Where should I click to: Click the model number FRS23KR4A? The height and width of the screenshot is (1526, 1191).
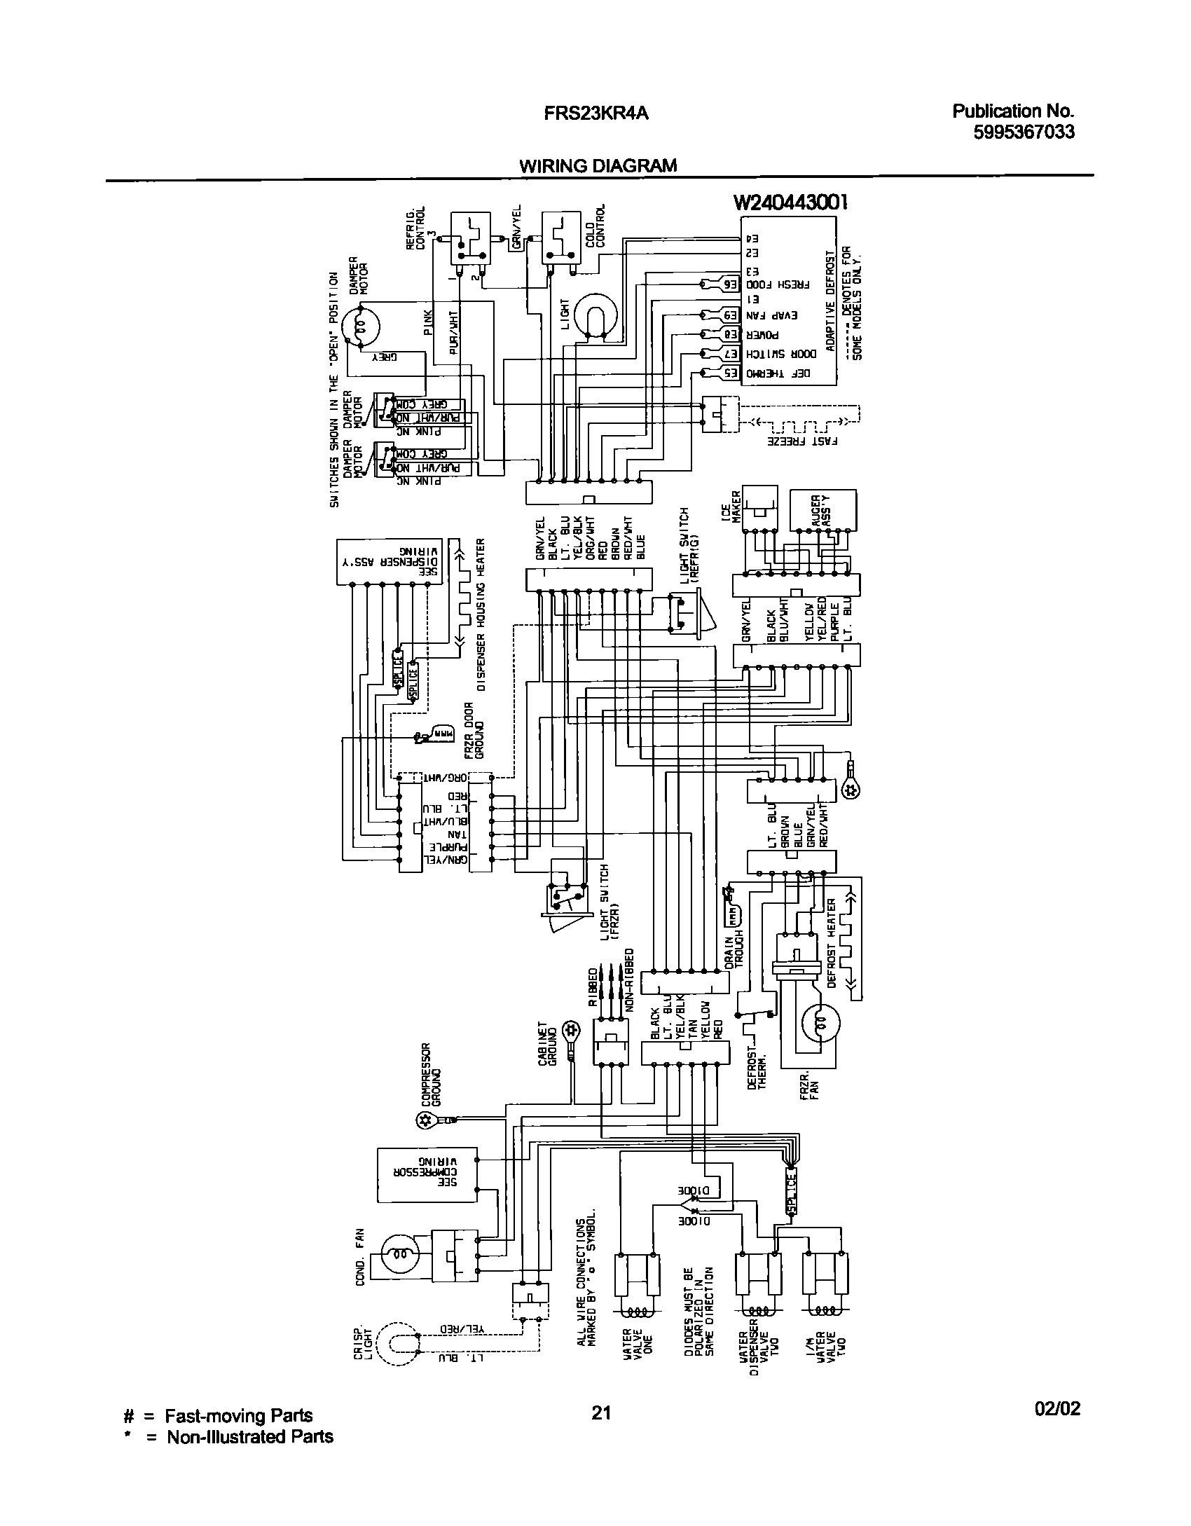click(x=596, y=113)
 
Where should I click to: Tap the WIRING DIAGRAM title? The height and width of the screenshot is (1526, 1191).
click(x=598, y=166)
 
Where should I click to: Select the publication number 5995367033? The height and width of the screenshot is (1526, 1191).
click(x=1024, y=132)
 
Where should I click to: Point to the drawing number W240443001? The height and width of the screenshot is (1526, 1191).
click(x=791, y=202)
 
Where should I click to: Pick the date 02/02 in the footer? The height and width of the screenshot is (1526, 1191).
click(x=1057, y=1428)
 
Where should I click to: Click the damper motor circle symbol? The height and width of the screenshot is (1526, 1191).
click(x=360, y=327)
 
